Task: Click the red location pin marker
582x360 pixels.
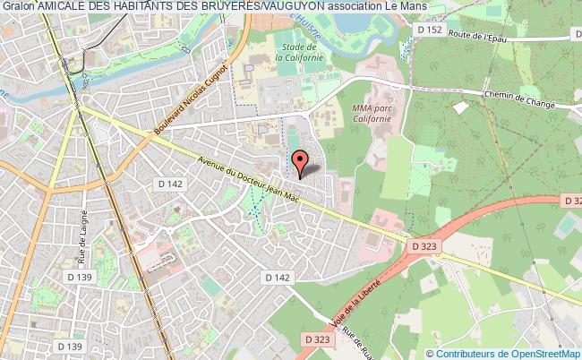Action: (299, 162)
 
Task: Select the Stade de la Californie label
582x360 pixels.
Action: (291, 53)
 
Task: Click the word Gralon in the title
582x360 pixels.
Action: (18, 7)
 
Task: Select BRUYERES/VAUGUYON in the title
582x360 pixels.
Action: (254, 7)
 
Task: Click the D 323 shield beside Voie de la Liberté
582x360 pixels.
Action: (318, 340)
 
